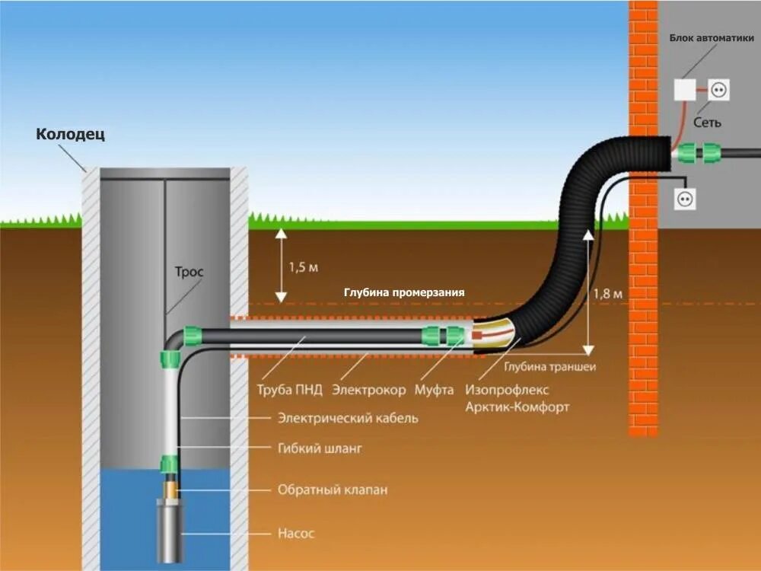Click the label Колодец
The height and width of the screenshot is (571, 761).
71,135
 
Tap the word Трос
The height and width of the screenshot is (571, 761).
189,272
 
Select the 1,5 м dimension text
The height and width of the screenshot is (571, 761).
303,267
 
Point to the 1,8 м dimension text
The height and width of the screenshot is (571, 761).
610,294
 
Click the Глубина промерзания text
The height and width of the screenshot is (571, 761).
403,292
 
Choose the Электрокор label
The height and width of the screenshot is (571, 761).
369,390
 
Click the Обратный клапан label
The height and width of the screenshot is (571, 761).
332,490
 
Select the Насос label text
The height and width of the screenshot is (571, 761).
295,533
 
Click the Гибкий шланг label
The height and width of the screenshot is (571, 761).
319,448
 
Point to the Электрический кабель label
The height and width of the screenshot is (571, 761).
347,418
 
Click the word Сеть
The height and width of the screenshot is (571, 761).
707,122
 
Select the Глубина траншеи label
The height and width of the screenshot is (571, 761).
550,366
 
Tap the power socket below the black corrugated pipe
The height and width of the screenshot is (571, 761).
684,199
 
